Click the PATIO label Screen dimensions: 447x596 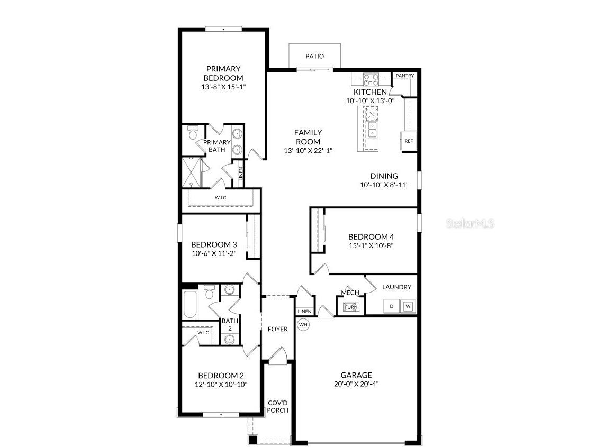pyautogui.click(x=314, y=56)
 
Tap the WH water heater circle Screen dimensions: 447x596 pyautogui.click(x=303, y=324)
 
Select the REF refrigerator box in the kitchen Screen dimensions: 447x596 pyautogui.click(x=409, y=141)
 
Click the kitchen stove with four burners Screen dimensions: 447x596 pyautogui.click(x=371, y=79)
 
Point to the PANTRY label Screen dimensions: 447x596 pyautogui.click(x=404, y=76)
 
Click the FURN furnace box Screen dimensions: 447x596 pyautogui.click(x=351, y=307)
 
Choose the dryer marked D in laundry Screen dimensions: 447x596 pyautogui.click(x=392, y=306)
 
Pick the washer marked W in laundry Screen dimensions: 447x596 pyautogui.click(x=408, y=306)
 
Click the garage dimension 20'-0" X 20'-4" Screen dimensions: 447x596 pyautogui.click(x=356, y=384)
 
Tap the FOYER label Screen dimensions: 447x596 pyautogui.click(x=277, y=329)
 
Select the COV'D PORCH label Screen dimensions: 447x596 pyautogui.click(x=277, y=406)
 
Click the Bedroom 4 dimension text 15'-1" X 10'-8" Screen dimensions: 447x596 pyautogui.click(x=371, y=245)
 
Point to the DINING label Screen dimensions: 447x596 pyautogui.click(x=384, y=176)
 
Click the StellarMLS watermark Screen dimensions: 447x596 pyautogui.click(x=470, y=223)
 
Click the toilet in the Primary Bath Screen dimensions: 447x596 pyautogui.click(x=193, y=132)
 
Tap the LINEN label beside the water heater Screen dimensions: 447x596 pyautogui.click(x=304, y=312)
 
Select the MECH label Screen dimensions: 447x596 pyautogui.click(x=350, y=293)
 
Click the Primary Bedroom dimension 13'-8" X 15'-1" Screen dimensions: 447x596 pyautogui.click(x=223, y=87)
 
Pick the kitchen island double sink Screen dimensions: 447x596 pyautogui.click(x=372, y=129)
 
